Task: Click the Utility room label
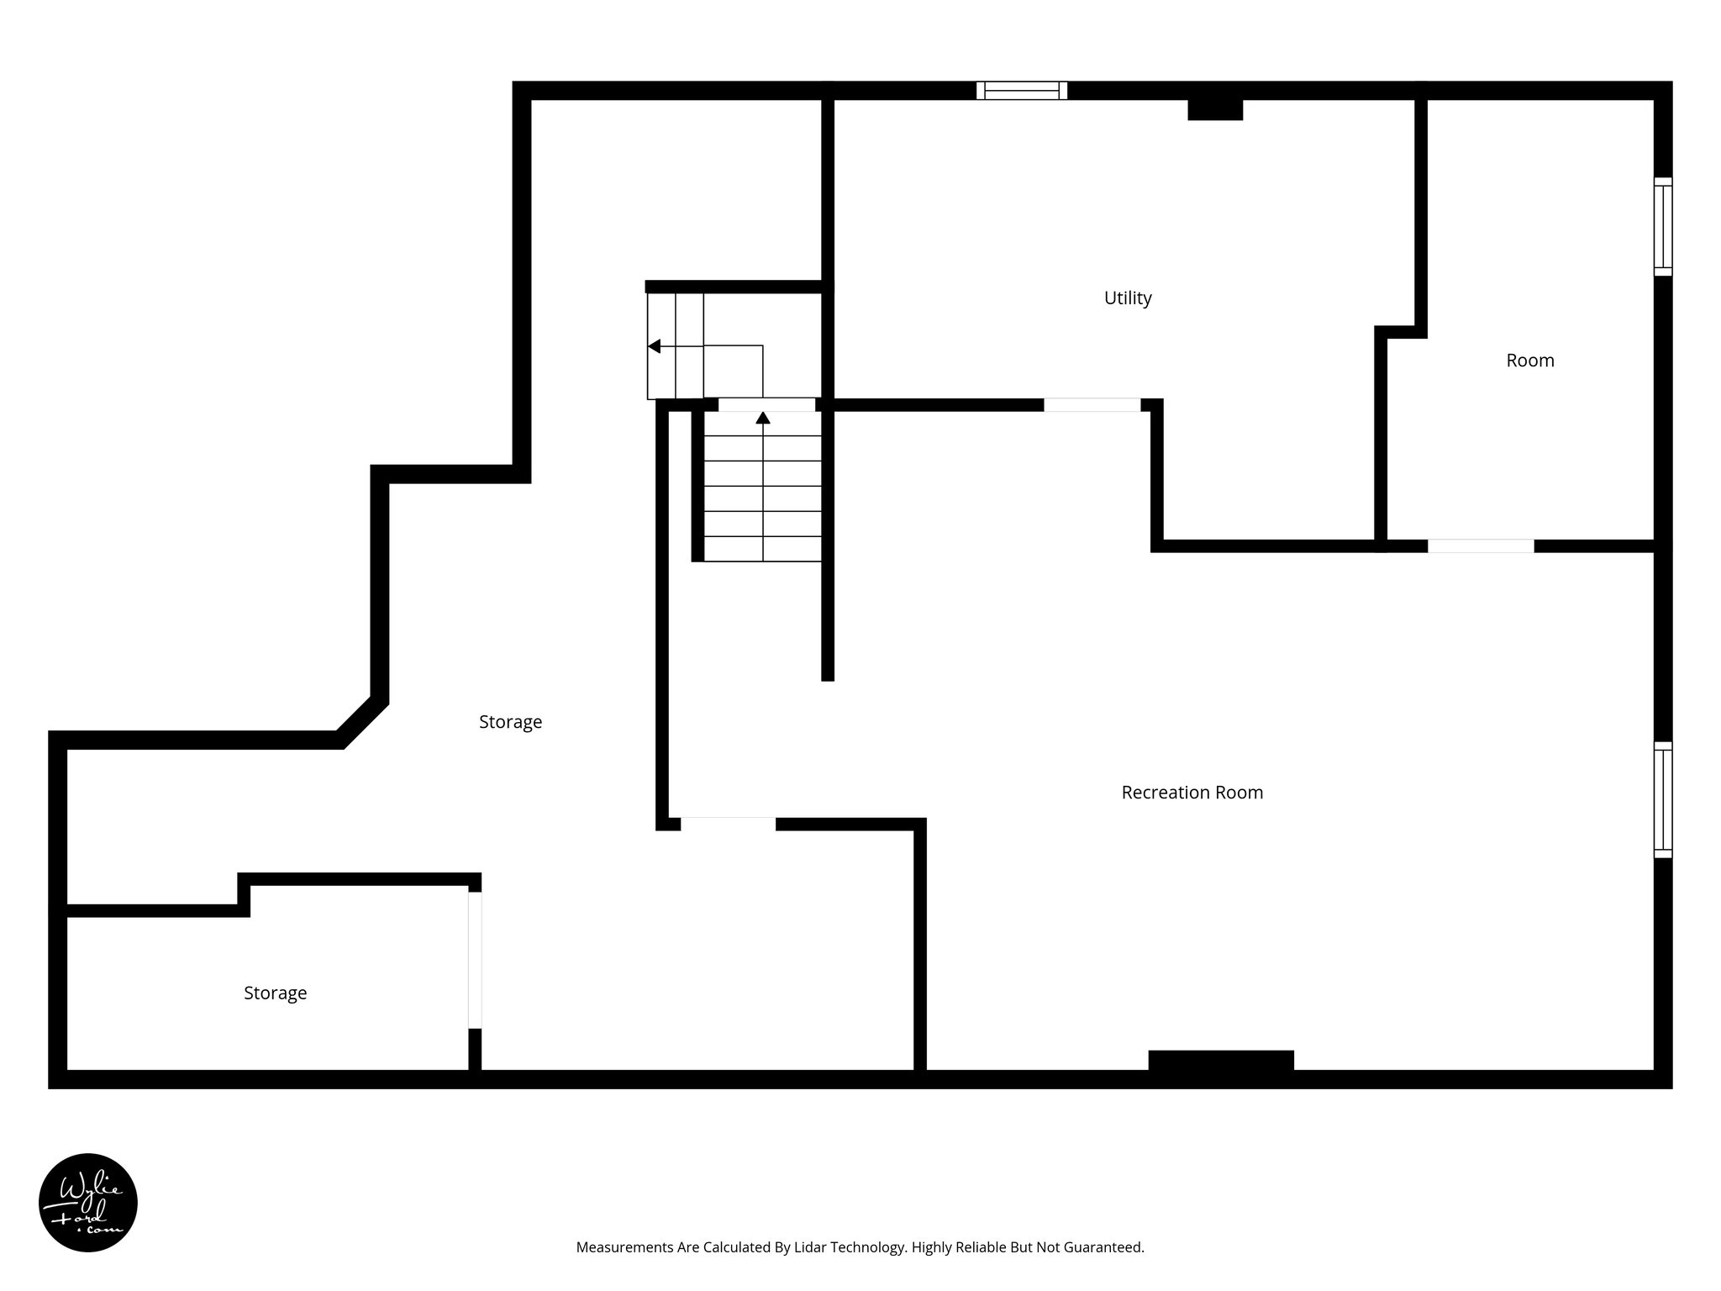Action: click(1127, 298)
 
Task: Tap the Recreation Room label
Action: click(1192, 792)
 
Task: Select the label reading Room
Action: click(1529, 361)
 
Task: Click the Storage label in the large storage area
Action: click(510, 721)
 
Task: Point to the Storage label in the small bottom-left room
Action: click(275, 993)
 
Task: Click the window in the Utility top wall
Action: click(1021, 90)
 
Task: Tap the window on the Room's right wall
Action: click(1662, 226)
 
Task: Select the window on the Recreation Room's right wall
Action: click(1662, 799)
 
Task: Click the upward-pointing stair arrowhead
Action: click(763, 418)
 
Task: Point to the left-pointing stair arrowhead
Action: click(654, 346)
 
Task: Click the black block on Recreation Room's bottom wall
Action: click(1220, 1061)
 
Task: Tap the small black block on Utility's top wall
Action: click(1214, 109)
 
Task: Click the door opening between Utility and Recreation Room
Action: click(1092, 405)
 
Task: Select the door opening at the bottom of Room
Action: click(1480, 545)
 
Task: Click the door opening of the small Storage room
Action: click(475, 960)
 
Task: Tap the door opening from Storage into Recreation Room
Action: click(728, 824)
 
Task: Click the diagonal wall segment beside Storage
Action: click(363, 721)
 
